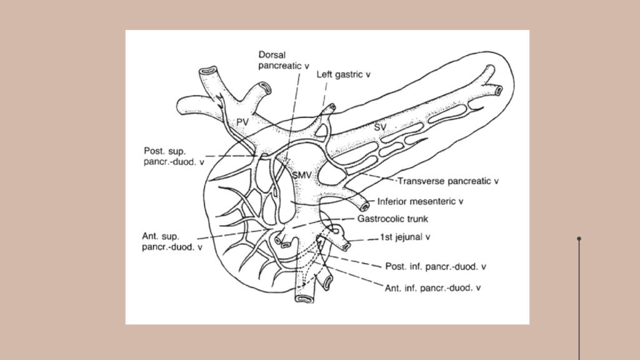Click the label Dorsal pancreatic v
(x=284, y=60)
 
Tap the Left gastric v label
(x=343, y=74)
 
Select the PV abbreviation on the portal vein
(x=242, y=122)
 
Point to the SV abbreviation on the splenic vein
(x=380, y=127)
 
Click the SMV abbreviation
(x=302, y=175)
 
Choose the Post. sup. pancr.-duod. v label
(x=174, y=156)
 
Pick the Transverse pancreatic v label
(x=448, y=181)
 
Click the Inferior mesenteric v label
(x=420, y=201)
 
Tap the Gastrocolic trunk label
(x=392, y=219)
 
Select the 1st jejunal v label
(x=405, y=237)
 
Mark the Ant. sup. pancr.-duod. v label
(x=172, y=241)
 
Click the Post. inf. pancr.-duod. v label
(x=436, y=266)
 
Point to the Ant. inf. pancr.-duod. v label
(x=432, y=287)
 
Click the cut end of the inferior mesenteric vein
(x=365, y=206)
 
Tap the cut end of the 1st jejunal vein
(x=346, y=246)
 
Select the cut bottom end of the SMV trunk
(x=304, y=299)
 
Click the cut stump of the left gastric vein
(x=332, y=107)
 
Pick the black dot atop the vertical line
(x=579, y=238)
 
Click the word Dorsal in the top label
(x=272, y=55)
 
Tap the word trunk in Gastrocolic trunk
(x=417, y=219)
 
